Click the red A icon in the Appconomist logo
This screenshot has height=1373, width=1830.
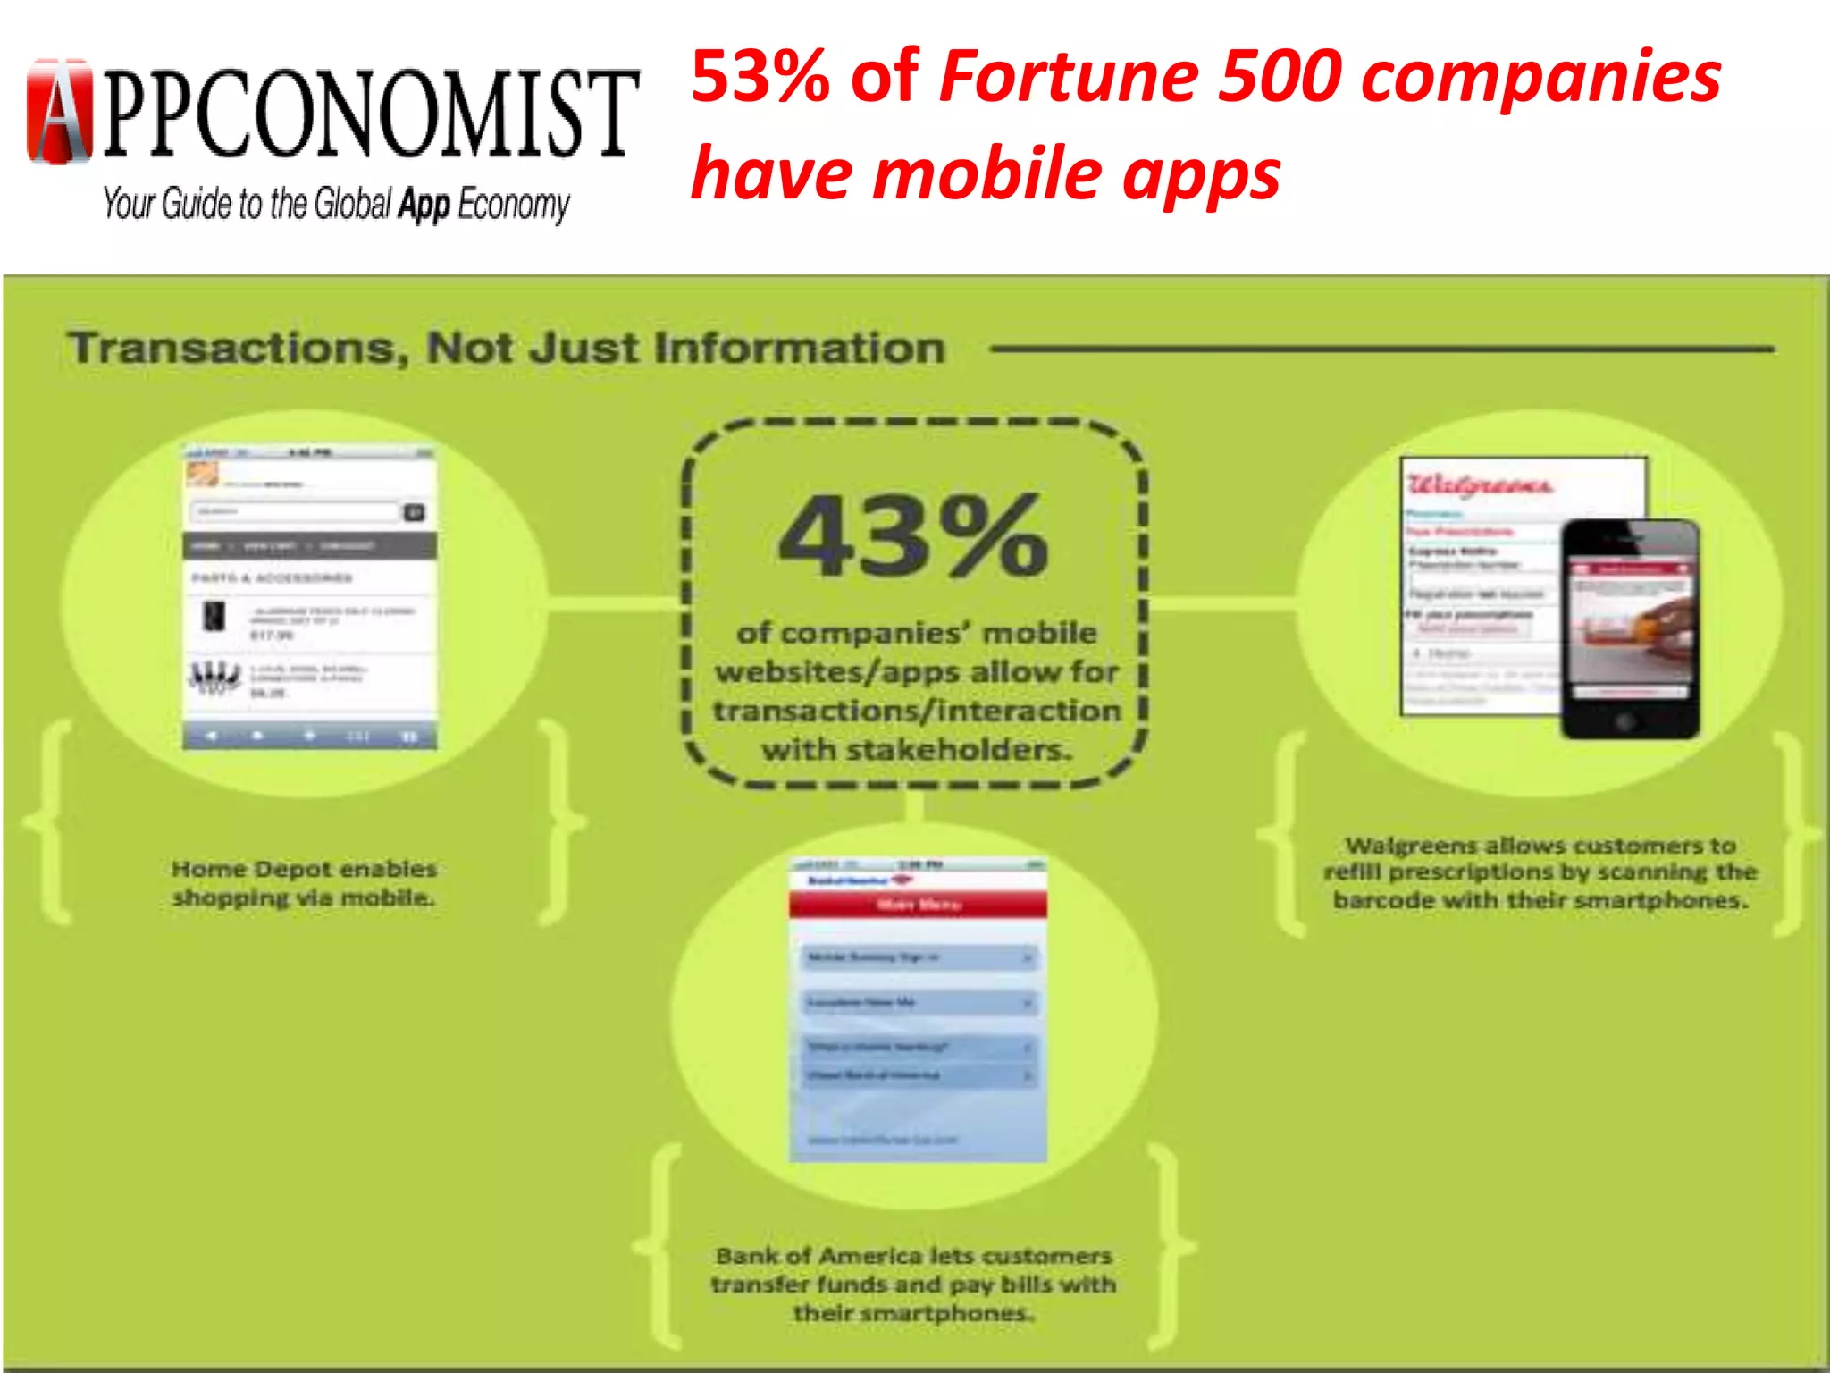coord(60,112)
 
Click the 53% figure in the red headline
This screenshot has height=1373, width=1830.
coord(760,77)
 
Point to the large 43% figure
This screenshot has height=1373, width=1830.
coord(913,536)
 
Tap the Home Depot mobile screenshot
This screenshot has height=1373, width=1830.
coord(310,596)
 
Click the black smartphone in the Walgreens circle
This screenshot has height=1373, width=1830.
coord(1630,628)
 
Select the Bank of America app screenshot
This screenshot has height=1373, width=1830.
coord(918,1010)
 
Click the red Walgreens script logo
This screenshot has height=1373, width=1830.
coord(1480,484)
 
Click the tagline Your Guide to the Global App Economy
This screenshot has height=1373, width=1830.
coord(336,205)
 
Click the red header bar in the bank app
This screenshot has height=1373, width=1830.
coord(918,905)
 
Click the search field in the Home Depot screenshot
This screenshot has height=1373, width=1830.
coord(295,512)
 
